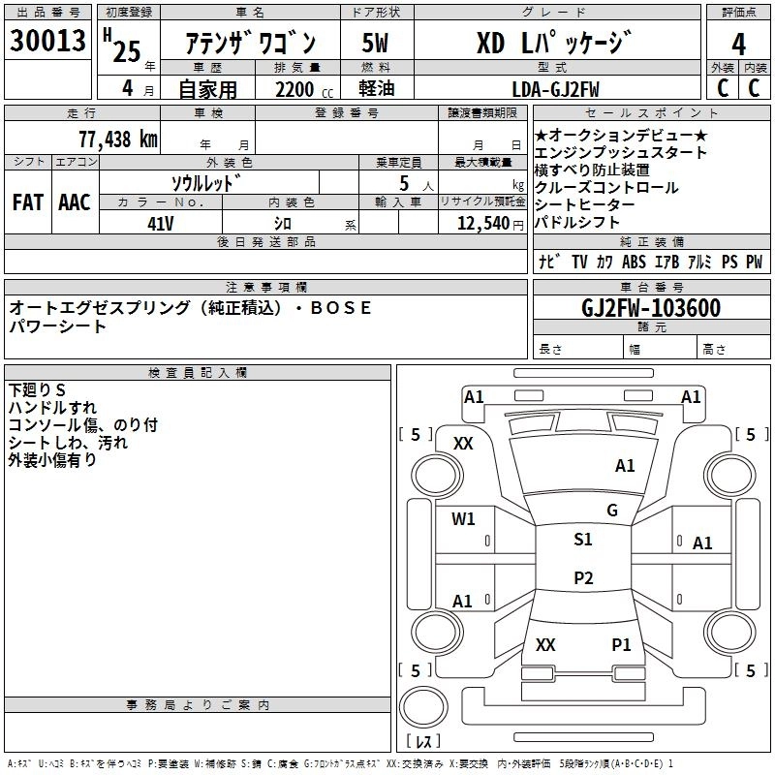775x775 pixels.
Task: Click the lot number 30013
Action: (47, 42)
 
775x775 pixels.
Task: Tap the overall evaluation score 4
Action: (738, 45)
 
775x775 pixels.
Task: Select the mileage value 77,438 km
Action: (116, 139)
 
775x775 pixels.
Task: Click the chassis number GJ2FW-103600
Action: (651, 308)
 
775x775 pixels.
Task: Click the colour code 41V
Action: (160, 223)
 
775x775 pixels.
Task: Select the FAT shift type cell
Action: (28, 202)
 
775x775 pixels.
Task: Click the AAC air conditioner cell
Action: (74, 202)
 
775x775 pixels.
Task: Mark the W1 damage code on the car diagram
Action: (463, 519)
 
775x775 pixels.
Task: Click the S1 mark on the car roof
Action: (582, 540)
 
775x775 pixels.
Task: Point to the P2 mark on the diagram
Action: (582, 578)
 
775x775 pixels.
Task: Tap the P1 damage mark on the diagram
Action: (621, 644)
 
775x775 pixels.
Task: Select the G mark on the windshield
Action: (611, 511)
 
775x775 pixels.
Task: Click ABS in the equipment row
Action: (634, 262)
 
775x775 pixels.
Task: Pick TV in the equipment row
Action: (579, 262)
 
